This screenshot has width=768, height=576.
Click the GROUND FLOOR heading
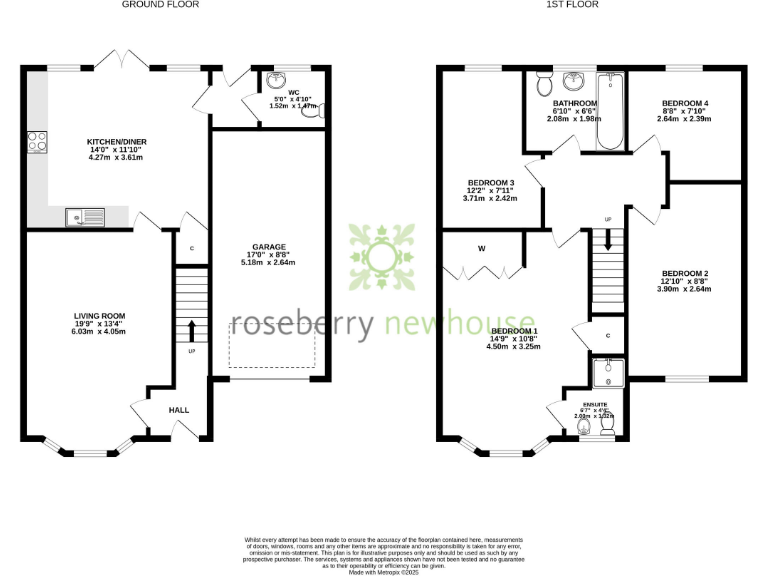click(x=160, y=5)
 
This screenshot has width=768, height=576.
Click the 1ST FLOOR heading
click(x=573, y=5)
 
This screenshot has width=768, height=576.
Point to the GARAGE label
click(x=269, y=246)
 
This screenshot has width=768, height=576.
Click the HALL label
click(x=178, y=410)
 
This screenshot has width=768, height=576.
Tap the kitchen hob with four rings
click(x=39, y=143)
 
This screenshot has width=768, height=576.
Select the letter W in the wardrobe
click(x=482, y=248)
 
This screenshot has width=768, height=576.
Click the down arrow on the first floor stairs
click(x=606, y=240)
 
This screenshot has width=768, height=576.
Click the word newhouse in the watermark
click(x=463, y=324)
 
